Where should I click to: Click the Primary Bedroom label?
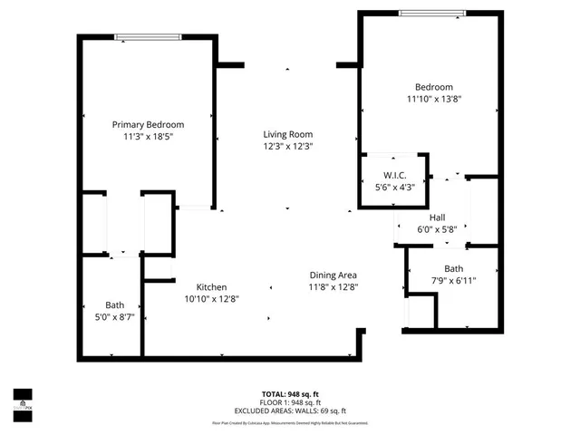[x=148, y=124]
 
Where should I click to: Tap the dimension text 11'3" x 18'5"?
[x=148, y=136]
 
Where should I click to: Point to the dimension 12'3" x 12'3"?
[x=288, y=146]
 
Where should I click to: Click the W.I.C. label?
[x=393, y=175]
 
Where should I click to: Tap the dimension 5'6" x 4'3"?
[x=393, y=187]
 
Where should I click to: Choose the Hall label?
[x=437, y=217]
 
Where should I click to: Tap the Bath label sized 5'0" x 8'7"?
[x=114, y=305]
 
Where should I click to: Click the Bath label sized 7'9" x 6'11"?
[x=453, y=268]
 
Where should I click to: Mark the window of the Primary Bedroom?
[x=146, y=37]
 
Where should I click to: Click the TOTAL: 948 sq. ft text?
[x=289, y=394]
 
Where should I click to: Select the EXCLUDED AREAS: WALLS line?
[x=289, y=410]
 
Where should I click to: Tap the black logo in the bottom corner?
[x=22, y=400]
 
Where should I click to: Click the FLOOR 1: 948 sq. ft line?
[x=289, y=402]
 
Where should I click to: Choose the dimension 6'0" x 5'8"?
[x=437, y=229]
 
